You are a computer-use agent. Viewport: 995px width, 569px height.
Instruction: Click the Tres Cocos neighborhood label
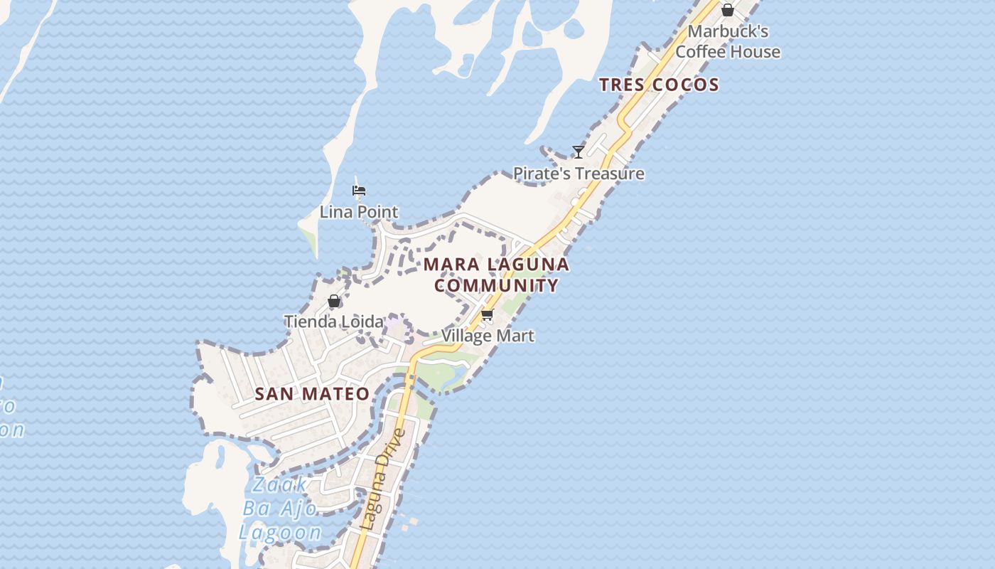pyautogui.click(x=659, y=85)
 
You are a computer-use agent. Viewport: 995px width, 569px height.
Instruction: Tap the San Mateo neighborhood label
pyautogui.click(x=312, y=394)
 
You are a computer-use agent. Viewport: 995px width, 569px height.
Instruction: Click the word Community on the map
pyautogui.click(x=496, y=286)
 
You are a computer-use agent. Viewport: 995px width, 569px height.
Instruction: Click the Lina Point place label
pyautogui.click(x=359, y=212)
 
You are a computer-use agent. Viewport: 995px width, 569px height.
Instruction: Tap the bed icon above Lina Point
pyautogui.click(x=359, y=191)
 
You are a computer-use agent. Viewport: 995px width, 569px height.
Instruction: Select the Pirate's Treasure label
pyautogui.click(x=579, y=174)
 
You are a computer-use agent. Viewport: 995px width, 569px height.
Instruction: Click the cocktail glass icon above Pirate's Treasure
pyautogui.click(x=579, y=151)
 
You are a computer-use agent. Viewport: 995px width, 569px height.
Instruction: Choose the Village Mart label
pyautogui.click(x=488, y=336)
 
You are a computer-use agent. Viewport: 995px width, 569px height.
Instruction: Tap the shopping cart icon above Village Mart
pyautogui.click(x=487, y=314)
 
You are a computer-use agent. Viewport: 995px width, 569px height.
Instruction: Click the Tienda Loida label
pyautogui.click(x=334, y=321)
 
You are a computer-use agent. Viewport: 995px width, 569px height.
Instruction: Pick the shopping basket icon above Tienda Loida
pyautogui.click(x=334, y=301)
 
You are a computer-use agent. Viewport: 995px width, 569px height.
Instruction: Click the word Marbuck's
pyautogui.click(x=728, y=32)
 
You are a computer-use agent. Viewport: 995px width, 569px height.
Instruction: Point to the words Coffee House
pyautogui.click(x=728, y=52)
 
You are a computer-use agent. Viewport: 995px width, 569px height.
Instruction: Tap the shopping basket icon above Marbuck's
pyautogui.click(x=727, y=10)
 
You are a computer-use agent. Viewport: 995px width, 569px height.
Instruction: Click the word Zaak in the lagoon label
pyautogui.click(x=280, y=485)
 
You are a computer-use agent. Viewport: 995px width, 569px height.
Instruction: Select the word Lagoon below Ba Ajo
pyautogui.click(x=279, y=533)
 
